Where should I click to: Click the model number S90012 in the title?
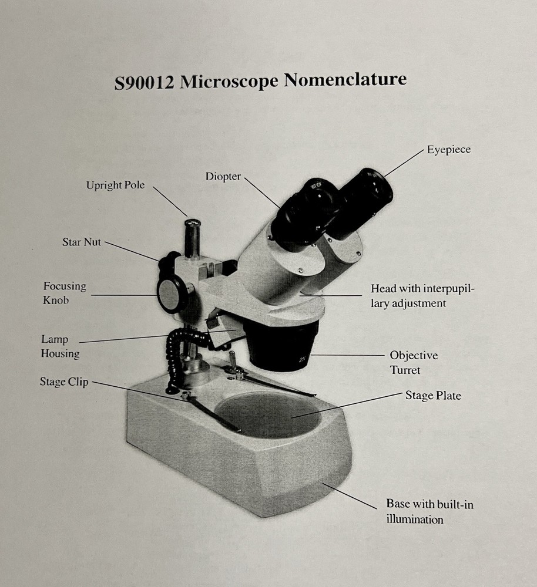145,83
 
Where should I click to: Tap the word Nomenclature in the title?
345,79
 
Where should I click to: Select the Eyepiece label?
448,150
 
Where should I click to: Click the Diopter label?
223,177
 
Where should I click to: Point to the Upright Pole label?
115,185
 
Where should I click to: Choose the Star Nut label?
81,242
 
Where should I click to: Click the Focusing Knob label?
65,293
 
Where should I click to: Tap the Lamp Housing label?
60,346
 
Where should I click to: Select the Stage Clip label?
64,382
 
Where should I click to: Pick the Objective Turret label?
414,362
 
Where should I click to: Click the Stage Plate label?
433,396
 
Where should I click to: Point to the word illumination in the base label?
414,519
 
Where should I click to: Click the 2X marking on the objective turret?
303,360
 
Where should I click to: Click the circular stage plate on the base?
268,415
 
